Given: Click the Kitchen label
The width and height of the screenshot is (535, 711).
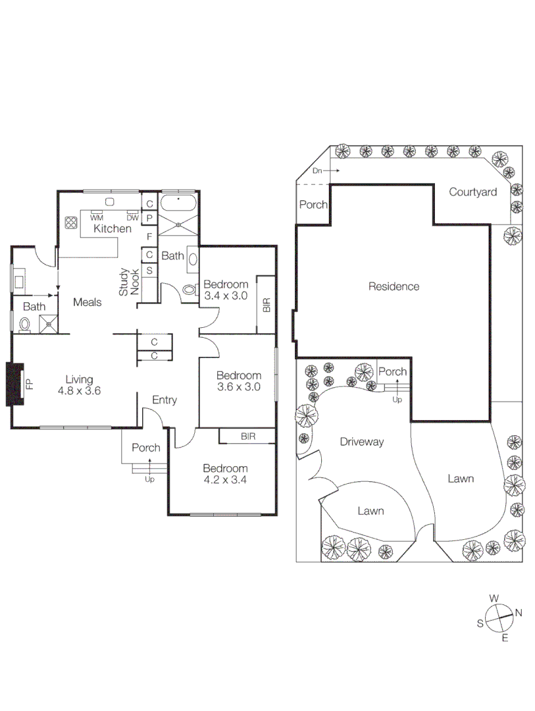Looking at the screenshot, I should pyautogui.click(x=112, y=229).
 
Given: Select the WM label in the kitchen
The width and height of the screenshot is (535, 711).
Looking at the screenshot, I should pyautogui.click(x=97, y=217).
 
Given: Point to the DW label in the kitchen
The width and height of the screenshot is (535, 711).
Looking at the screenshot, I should pyautogui.click(x=132, y=217).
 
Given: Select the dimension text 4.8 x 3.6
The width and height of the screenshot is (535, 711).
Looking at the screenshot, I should pyautogui.click(x=79, y=390).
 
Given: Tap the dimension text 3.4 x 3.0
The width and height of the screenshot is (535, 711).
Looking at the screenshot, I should pyautogui.click(x=225, y=296).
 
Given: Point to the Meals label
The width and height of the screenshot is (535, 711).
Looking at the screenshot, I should pyautogui.click(x=87, y=302).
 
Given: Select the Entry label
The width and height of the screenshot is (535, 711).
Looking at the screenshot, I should pyautogui.click(x=164, y=400).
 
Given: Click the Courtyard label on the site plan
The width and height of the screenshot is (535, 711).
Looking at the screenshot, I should pyautogui.click(x=472, y=192).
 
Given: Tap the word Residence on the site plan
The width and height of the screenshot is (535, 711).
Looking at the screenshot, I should pyautogui.click(x=394, y=286).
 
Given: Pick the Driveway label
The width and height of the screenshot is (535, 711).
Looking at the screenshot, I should pyautogui.click(x=361, y=442).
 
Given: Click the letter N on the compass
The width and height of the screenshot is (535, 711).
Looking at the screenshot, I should pyautogui.click(x=519, y=613).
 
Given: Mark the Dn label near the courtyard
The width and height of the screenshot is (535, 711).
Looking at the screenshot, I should pyautogui.click(x=318, y=171).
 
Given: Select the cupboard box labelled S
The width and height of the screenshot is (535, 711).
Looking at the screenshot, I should pyautogui.click(x=149, y=271).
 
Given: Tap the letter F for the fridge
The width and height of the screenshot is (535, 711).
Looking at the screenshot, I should pyautogui.click(x=149, y=236).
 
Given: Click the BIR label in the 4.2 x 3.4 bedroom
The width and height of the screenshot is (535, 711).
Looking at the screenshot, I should pyautogui.click(x=248, y=436).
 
